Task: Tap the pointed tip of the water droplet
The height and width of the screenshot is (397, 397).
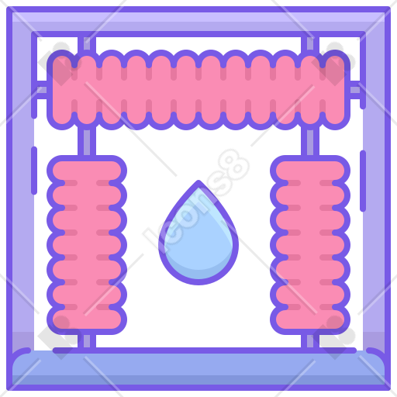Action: click(x=198, y=181)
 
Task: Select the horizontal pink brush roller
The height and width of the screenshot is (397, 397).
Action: click(x=198, y=90)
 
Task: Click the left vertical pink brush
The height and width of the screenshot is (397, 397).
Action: click(x=87, y=245)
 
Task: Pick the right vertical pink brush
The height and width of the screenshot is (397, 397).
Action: click(x=310, y=245)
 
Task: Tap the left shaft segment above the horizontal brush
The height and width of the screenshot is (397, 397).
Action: click(x=87, y=44)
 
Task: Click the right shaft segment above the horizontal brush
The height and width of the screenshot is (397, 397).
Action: click(x=310, y=44)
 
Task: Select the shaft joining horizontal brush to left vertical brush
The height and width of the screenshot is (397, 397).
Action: click(x=87, y=142)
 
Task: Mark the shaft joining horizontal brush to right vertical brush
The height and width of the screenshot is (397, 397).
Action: click(x=310, y=142)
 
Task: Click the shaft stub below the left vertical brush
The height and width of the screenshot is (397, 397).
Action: click(x=87, y=341)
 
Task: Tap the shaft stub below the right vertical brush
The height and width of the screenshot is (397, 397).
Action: click(x=310, y=341)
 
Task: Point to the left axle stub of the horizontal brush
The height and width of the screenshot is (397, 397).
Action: click(x=41, y=90)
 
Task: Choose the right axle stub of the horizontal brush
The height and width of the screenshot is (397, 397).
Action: click(x=355, y=90)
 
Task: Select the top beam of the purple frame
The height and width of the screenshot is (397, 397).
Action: click(x=198, y=22)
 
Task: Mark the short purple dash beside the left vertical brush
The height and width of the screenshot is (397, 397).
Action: click(x=34, y=171)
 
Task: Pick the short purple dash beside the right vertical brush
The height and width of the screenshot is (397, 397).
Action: click(x=363, y=181)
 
